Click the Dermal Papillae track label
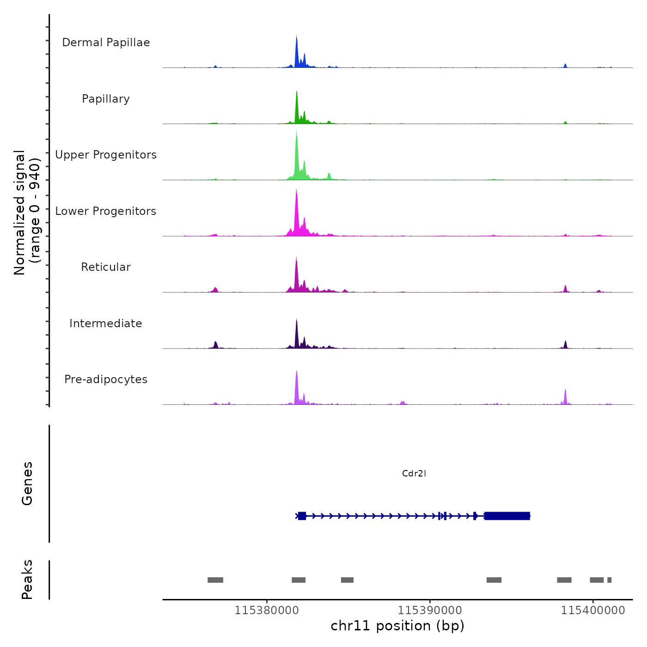[x=106, y=43]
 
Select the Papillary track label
[x=106, y=99]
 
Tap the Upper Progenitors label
[x=106, y=155]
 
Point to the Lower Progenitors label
[x=106, y=211]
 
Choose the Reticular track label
[x=106, y=267]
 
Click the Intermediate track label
[x=106, y=323]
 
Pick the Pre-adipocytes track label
[x=106, y=379]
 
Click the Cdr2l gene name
[x=414, y=473]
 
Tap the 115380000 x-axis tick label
[x=267, y=610]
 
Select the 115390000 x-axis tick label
[x=430, y=610]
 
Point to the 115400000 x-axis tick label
[x=593, y=610]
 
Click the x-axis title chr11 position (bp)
[x=397, y=626]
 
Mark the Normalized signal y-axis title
[x=27, y=213]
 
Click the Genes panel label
[x=27, y=483]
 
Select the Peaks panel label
[x=27, y=580]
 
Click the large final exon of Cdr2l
[x=507, y=516]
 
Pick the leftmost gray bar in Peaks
[x=215, y=580]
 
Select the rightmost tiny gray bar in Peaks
[x=610, y=580]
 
